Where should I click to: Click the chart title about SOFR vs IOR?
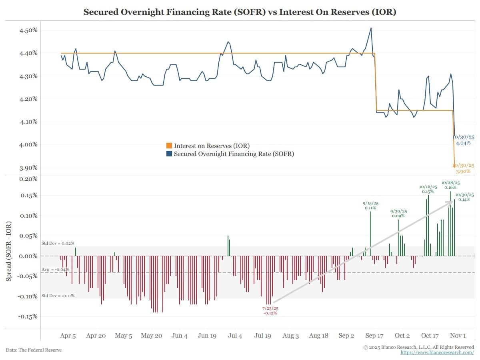point(240,12)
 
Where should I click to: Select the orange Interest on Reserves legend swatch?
point(169,146)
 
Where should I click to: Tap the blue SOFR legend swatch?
point(169,154)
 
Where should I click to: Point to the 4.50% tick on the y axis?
point(29,30)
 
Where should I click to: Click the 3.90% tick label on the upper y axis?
point(29,168)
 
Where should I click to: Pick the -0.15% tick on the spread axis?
point(28,316)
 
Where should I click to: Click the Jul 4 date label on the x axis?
point(234,336)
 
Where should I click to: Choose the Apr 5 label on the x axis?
point(68,336)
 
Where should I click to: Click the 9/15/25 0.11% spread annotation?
point(370,205)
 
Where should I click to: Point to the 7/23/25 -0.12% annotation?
point(270,311)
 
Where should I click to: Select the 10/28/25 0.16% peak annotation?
point(450,184)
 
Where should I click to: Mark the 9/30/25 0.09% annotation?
point(398,213)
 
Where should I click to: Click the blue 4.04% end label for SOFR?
point(463,140)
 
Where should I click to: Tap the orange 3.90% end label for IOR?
point(463,168)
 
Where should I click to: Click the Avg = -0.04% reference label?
point(55,270)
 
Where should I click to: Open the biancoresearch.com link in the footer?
point(437,352)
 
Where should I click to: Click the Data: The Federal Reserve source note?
point(34,350)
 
